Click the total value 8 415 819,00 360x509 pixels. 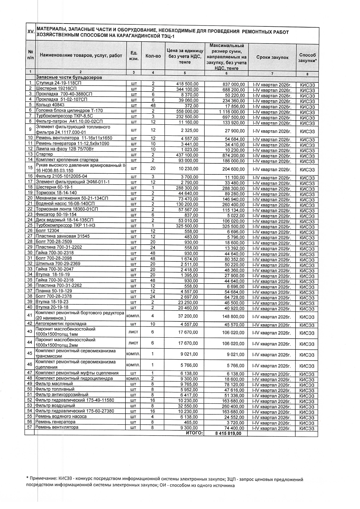click(x=228, y=434)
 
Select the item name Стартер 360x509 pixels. click(x=44, y=154)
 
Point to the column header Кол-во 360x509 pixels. click(x=153, y=56)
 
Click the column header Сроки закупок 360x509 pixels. click(x=272, y=57)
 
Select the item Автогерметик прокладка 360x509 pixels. click(x=61, y=324)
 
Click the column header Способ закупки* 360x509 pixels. click(x=307, y=57)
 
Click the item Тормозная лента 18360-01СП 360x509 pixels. click(x=66, y=209)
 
